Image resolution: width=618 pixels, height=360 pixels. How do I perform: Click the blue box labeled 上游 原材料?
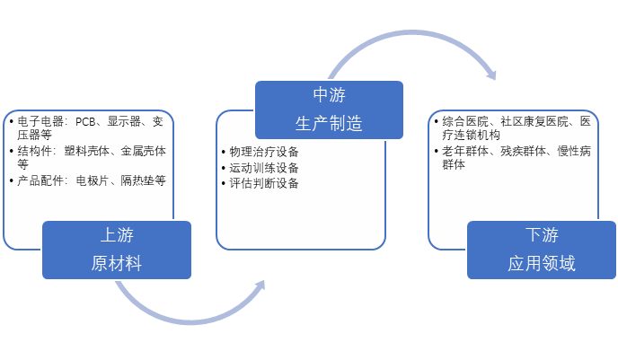(x=117, y=250)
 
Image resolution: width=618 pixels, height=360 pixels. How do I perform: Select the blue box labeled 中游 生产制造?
(x=329, y=109)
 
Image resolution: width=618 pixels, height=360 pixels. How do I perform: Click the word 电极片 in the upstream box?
(x=93, y=180)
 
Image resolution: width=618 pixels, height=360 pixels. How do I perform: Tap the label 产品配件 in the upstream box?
(x=37, y=180)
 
